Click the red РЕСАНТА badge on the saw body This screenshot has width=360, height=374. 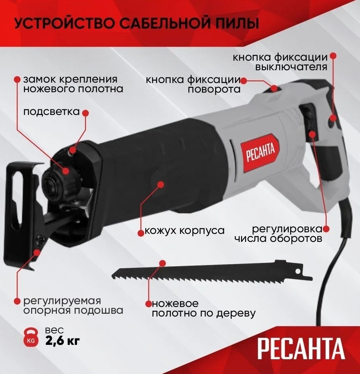coord(260,152)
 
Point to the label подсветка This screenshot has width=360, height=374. coord(51,112)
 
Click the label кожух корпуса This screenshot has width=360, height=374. coord(185,231)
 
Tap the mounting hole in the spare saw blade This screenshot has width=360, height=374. coord(297,271)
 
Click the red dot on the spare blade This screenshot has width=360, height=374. coord(162,263)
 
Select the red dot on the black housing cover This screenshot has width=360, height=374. coord(161,184)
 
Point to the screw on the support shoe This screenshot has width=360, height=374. coord(40,239)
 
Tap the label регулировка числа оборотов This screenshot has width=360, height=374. coord(278,234)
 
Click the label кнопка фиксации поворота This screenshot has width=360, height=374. coord(193,85)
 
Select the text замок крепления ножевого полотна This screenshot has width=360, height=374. coord(73,84)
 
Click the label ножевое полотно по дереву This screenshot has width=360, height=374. coord(204,309)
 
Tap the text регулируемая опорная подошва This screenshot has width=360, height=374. coord(73,306)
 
